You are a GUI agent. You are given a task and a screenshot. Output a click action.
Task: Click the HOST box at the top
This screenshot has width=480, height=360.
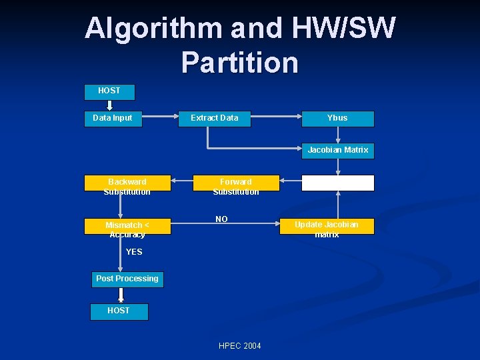point(109,91)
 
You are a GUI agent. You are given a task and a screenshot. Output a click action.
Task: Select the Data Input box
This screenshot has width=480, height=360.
point(113,118)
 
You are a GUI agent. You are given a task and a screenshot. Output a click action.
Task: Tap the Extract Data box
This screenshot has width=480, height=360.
point(214,118)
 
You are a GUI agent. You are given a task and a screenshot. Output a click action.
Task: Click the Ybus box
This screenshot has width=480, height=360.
point(337,118)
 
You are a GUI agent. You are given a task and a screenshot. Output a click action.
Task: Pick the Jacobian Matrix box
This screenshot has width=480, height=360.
point(337,150)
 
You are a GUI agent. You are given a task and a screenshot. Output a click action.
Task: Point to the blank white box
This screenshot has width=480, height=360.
point(337,183)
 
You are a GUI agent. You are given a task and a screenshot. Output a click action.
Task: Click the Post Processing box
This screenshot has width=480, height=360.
point(127,279)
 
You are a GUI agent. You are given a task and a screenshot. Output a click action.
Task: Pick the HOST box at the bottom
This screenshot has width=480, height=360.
point(119,311)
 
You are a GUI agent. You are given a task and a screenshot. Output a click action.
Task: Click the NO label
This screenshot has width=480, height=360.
point(221,219)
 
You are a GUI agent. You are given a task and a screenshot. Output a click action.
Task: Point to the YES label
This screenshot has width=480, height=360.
point(134,252)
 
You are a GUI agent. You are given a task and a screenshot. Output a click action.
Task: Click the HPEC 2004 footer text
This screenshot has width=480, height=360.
point(240,345)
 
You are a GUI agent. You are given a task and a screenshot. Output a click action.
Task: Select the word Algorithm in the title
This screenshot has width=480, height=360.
point(153,28)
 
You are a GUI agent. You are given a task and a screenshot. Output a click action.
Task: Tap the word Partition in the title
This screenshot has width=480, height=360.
point(240,62)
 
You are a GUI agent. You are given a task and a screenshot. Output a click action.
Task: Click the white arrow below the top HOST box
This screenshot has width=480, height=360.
point(109,105)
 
